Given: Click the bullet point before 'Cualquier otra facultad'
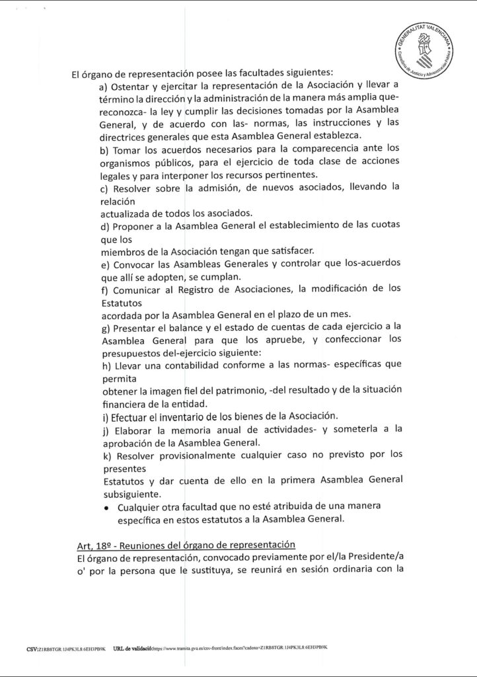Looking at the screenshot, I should [x=106, y=508].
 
